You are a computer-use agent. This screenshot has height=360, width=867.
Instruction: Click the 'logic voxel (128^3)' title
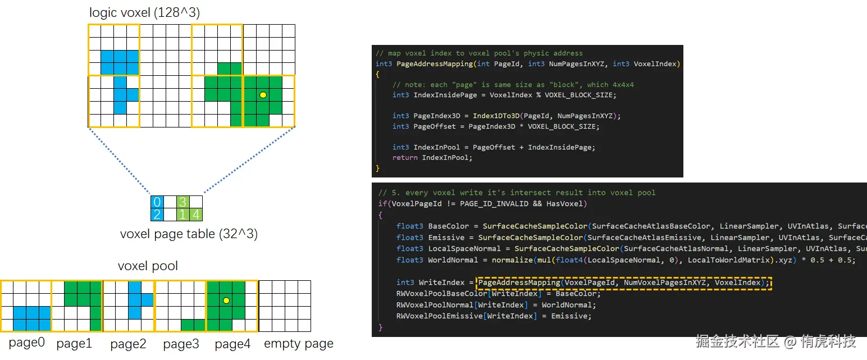pyautogui.click(x=144, y=12)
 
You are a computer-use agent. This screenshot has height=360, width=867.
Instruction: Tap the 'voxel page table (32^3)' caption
pyautogui.click(x=189, y=234)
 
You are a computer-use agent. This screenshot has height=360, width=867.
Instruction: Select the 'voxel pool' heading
pyautogui.click(x=148, y=266)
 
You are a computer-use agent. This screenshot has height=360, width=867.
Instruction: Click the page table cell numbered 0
pyautogui.click(x=157, y=202)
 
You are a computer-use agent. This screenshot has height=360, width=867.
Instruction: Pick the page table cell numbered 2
pyautogui.click(x=157, y=214)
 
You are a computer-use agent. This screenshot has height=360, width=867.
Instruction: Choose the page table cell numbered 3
pyautogui.click(x=182, y=202)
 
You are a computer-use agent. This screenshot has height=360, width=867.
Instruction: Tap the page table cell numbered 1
pyautogui.click(x=182, y=214)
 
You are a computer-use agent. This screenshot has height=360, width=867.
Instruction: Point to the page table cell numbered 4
pyautogui.click(x=195, y=214)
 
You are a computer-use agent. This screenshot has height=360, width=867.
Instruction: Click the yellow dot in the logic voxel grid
pyautogui.click(x=263, y=95)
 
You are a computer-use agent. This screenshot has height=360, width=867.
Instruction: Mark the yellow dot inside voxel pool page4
pyautogui.click(x=226, y=300)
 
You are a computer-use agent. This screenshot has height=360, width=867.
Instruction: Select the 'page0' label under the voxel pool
pyautogui.click(x=26, y=343)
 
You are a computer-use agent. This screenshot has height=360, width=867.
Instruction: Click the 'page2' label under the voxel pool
pyautogui.click(x=128, y=344)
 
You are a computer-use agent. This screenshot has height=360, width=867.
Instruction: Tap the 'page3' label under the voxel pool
pyautogui.click(x=181, y=344)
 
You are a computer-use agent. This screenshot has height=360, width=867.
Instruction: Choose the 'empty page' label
pyautogui.click(x=299, y=344)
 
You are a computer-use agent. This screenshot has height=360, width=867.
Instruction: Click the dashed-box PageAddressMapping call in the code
pyautogui.click(x=623, y=282)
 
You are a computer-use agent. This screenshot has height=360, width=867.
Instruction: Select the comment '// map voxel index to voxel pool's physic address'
pyautogui.click(x=479, y=53)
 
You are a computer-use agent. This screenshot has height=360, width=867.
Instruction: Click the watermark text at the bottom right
pyautogui.click(x=775, y=341)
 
